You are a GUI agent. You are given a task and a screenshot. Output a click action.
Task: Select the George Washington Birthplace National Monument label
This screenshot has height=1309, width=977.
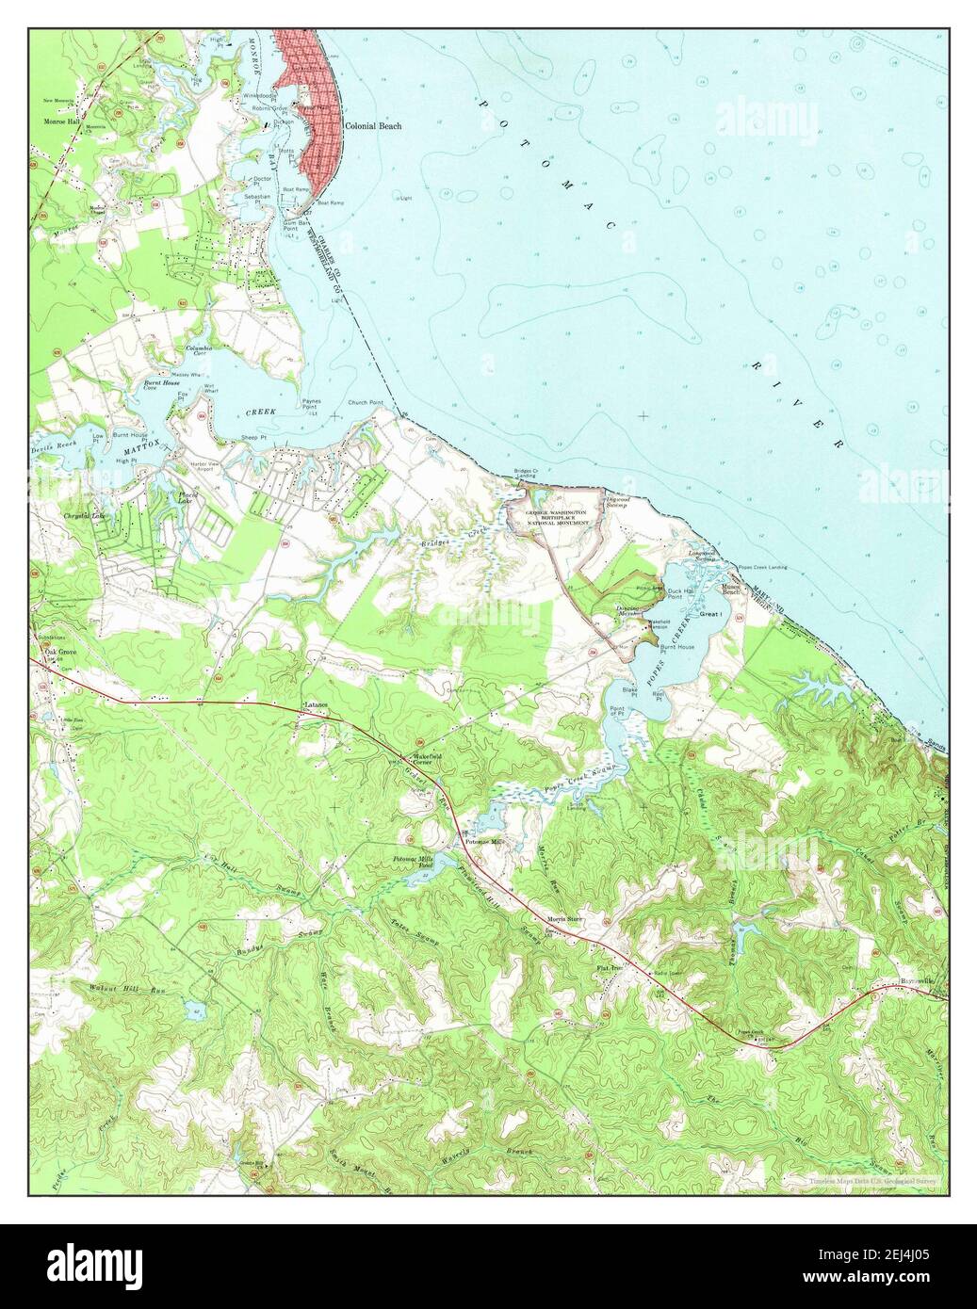pos(548,516)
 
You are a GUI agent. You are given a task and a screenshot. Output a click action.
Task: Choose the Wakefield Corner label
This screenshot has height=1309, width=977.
pos(420,757)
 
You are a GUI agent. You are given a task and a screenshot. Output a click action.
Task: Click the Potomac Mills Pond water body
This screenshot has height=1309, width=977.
pos(415,878)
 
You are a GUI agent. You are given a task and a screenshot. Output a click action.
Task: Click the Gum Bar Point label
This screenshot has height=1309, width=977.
pos(291,226)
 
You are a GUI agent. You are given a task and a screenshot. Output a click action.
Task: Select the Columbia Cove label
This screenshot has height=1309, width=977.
pos(198,351)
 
